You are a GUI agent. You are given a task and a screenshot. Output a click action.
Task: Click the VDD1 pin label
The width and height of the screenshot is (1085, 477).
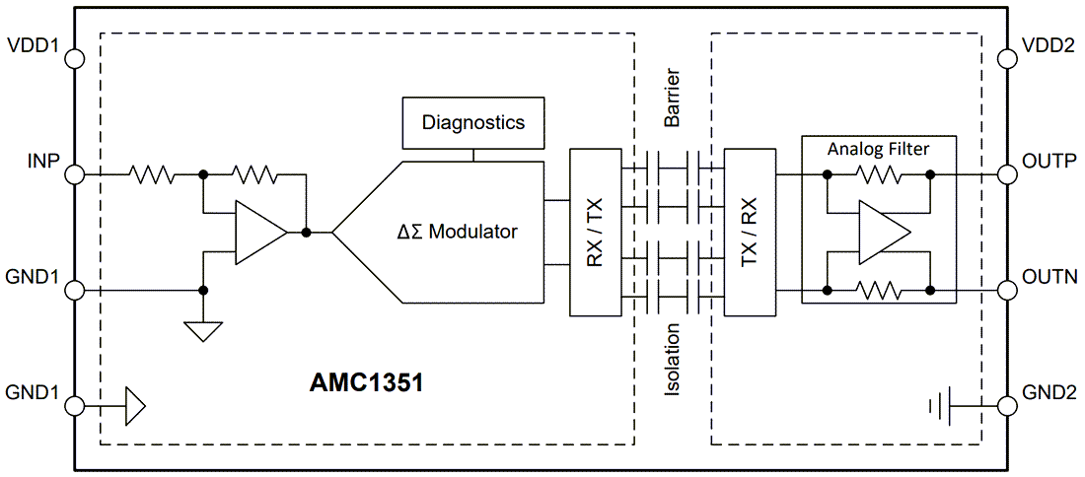click(x=34, y=45)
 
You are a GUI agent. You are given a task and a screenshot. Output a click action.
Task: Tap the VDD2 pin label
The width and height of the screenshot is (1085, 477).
click(x=1049, y=45)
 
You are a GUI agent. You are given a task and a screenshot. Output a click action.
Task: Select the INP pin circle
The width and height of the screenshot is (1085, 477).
click(x=74, y=175)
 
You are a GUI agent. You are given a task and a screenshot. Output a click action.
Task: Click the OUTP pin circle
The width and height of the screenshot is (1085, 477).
click(x=1007, y=174)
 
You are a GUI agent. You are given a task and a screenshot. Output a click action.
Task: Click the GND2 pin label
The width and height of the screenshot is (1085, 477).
click(x=1049, y=392)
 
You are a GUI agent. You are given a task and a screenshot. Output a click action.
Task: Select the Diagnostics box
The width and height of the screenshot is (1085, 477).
click(x=473, y=123)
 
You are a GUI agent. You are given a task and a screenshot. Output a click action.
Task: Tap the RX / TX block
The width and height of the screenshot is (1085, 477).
click(x=596, y=233)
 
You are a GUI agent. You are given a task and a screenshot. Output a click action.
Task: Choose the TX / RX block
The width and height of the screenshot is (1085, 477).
click(x=750, y=233)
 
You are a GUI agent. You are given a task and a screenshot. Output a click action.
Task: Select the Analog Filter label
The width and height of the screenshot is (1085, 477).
click(x=878, y=149)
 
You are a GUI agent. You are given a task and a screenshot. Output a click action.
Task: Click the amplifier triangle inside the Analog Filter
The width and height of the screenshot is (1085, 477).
click(x=881, y=234)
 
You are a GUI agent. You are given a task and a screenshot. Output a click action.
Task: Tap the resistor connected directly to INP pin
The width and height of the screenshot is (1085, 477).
click(x=152, y=175)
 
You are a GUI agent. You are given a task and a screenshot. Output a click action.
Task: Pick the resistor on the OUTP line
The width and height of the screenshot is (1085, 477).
click(x=878, y=175)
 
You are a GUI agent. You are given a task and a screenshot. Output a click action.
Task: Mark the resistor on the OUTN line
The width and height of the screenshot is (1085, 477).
click(x=878, y=291)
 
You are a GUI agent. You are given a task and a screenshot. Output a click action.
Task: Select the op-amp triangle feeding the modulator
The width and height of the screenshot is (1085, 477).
click(x=258, y=234)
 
